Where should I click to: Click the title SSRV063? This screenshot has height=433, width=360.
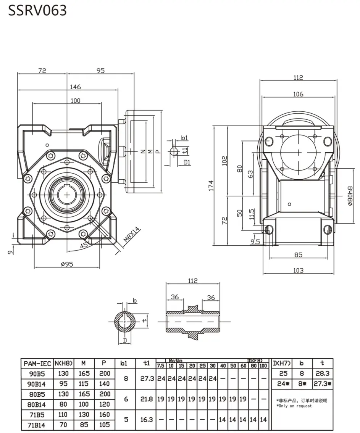(x=37, y=10)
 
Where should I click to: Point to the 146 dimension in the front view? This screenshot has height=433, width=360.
(x=75, y=87)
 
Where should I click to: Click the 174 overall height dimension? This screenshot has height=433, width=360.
(x=211, y=185)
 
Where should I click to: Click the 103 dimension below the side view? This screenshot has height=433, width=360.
(x=298, y=270)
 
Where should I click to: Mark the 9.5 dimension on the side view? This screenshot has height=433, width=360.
(x=255, y=241)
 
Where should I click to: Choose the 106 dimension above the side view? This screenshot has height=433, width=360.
(x=298, y=94)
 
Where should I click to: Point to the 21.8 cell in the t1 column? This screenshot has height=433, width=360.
(x=146, y=399)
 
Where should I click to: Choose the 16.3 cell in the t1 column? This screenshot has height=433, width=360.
(x=146, y=419)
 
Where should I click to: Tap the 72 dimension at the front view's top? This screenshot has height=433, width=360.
(x=42, y=71)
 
